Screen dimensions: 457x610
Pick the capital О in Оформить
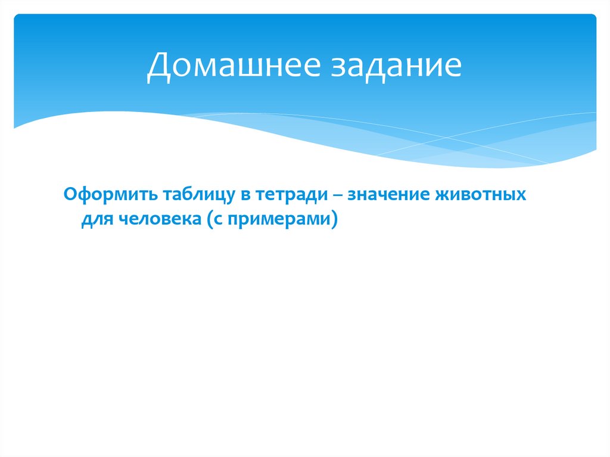point(70,194)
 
